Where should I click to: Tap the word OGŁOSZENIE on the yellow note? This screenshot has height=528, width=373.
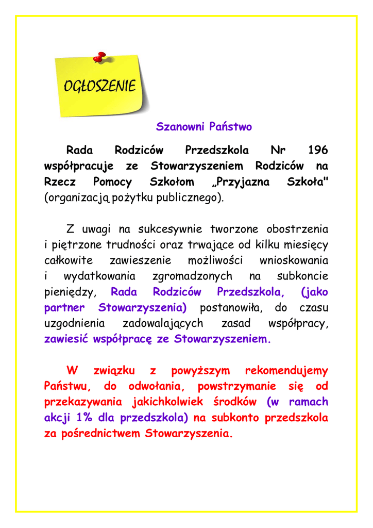click(x=100, y=86)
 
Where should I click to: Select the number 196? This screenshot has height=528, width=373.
click(x=317, y=151)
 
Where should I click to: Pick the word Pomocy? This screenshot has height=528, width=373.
click(x=112, y=182)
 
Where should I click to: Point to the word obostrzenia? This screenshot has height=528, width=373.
click(x=297, y=229)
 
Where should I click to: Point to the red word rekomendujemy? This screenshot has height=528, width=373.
click(x=286, y=370)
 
